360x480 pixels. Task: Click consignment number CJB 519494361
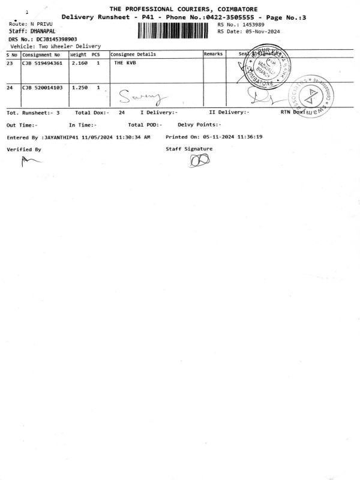click(x=42, y=62)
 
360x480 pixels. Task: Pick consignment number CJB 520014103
click(x=42, y=88)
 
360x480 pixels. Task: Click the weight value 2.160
click(x=79, y=62)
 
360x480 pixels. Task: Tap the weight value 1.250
click(x=79, y=88)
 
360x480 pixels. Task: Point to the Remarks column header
click(x=213, y=54)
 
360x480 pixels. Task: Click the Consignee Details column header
click(x=133, y=54)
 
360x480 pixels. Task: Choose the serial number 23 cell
click(x=10, y=62)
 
